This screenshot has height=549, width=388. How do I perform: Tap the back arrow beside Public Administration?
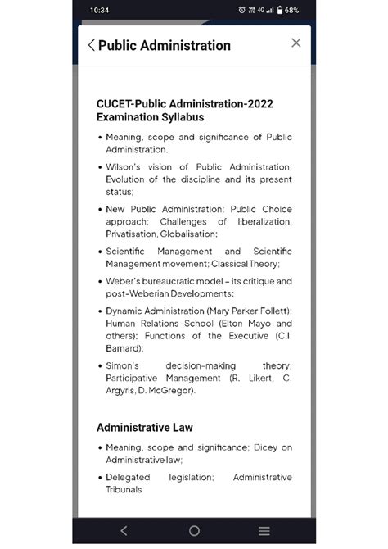tap(91, 46)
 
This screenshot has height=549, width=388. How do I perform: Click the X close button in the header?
tap(296, 43)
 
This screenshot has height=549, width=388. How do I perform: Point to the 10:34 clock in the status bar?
tap(101, 10)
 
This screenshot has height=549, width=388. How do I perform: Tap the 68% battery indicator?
tap(287, 10)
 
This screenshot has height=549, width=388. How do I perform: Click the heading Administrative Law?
tap(144, 427)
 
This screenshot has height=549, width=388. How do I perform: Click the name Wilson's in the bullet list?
tap(125, 167)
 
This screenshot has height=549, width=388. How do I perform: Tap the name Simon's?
tap(125, 365)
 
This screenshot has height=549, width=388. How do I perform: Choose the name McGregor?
tap(174, 390)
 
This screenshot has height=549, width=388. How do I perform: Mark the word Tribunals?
tap(124, 489)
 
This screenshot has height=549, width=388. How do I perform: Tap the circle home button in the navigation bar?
tap(194, 530)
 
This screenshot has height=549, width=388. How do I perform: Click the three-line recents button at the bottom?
tap(264, 530)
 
